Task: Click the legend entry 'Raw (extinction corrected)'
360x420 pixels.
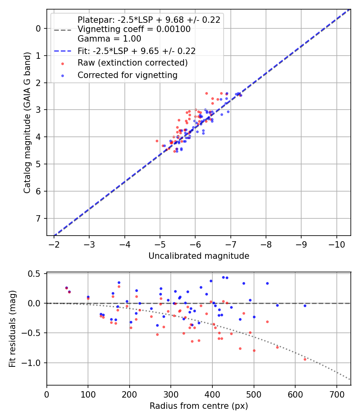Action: click(x=132, y=63)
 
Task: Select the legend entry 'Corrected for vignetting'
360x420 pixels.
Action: click(x=128, y=75)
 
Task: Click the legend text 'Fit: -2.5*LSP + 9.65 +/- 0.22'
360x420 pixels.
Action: click(x=136, y=51)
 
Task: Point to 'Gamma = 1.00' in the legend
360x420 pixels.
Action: click(x=109, y=39)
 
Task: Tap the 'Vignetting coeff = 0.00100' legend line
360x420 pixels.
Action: click(x=134, y=30)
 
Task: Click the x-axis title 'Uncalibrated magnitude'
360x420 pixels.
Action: click(x=199, y=256)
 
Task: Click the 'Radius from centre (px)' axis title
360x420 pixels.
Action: click(x=199, y=406)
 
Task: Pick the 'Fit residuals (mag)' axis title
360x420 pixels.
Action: click(x=12, y=329)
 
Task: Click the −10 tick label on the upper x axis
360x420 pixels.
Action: click(x=336, y=244)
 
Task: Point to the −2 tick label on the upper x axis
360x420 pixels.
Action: click(x=54, y=244)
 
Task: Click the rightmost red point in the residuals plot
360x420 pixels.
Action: click(x=305, y=359)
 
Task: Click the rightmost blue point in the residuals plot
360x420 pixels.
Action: click(x=305, y=306)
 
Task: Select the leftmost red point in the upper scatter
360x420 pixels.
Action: click(x=157, y=141)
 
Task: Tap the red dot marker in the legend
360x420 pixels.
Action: click(x=62, y=63)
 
